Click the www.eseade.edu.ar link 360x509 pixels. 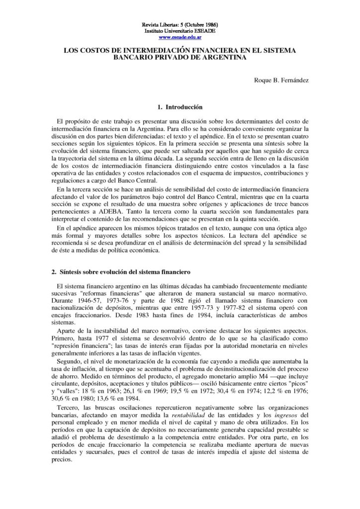pos(180,37)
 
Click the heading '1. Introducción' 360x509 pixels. pos(180,107)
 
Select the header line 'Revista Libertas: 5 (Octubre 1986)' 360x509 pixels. pos(180,24)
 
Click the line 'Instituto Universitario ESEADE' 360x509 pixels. pos(180,30)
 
